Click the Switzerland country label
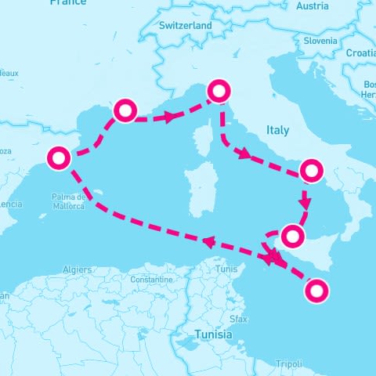[185, 26]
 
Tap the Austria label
[313, 6]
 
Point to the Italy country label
[277, 130]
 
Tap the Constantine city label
[151, 280]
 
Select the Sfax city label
[239, 320]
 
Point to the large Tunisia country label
[213, 334]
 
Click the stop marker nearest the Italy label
[311, 170]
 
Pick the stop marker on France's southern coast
[125, 110]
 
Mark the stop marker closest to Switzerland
[219, 92]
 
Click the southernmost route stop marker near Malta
[316, 291]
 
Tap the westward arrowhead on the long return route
[209, 242]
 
